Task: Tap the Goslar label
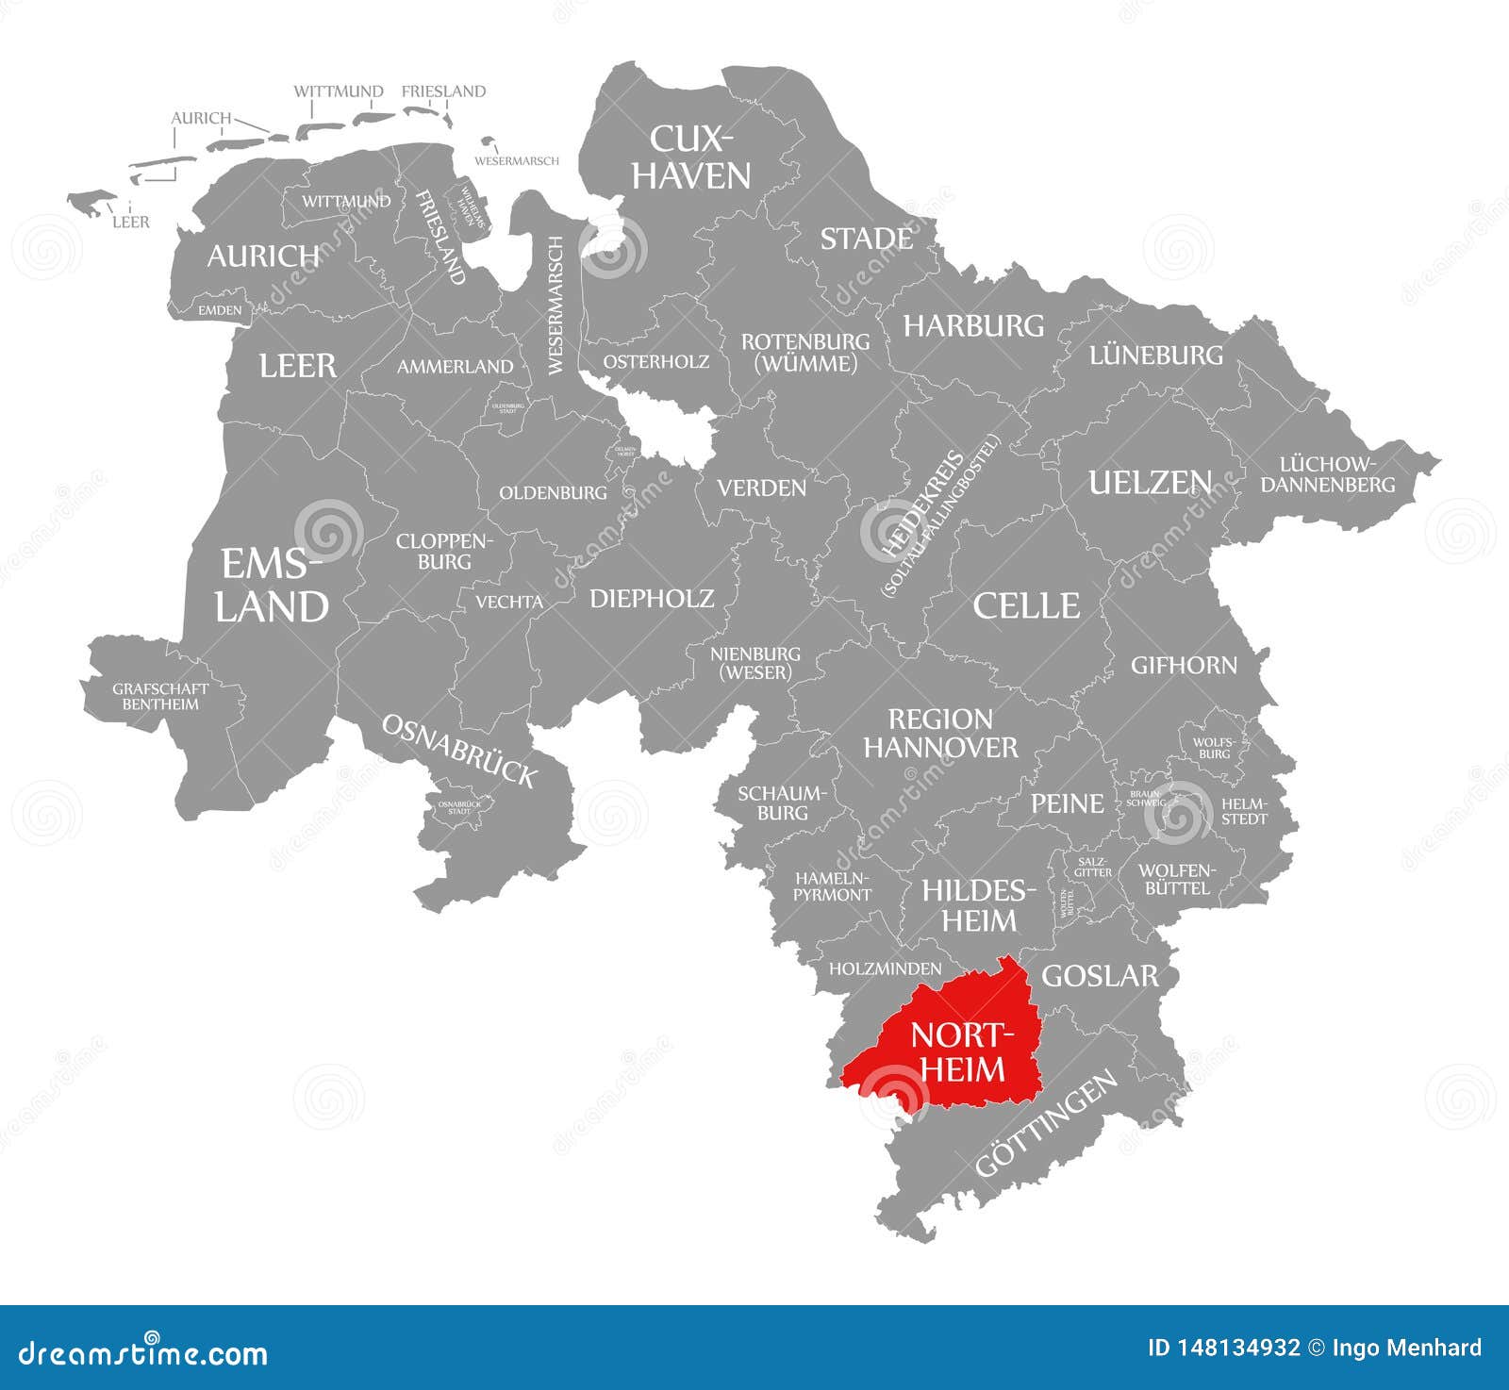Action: (x=1099, y=976)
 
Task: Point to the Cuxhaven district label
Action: (x=690, y=157)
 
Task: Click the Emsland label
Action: (x=271, y=586)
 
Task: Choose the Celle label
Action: (x=1026, y=605)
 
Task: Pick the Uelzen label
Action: (x=1150, y=483)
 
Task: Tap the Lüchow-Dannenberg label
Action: (x=1327, y=474)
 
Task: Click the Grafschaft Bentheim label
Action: (x=160, y=696)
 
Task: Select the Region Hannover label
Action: (x=940, y=734)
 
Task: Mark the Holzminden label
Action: (x=885, y=968)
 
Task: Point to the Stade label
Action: (x=866, y=240)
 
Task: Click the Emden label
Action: (x=220, y=309)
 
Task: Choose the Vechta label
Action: (x=508, y=602)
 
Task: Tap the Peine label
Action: (x=1067, y=803)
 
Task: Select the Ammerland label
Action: (x=455, y=366)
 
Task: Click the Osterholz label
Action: (x=655, y=361)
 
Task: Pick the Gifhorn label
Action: (x=1184, y=666)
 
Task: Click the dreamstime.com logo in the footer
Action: (x=143, y=1354)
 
